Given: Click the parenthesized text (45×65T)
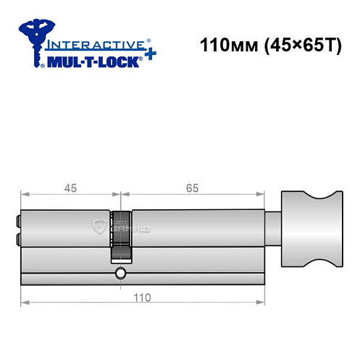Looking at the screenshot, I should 299,45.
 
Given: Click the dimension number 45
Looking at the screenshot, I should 70,188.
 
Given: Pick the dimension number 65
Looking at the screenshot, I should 192,188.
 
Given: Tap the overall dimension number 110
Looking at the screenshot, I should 142,298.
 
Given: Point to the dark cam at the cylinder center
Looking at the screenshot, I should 122,235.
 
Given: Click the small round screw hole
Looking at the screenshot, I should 120,274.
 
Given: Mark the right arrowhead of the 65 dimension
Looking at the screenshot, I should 259,195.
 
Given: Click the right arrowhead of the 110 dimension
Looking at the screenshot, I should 259,303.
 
